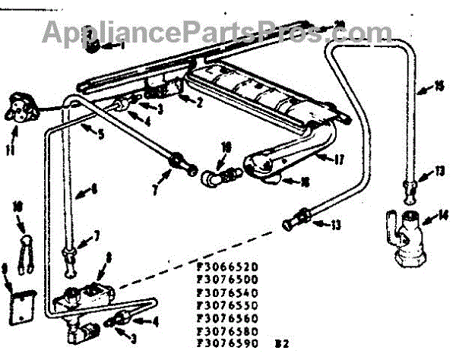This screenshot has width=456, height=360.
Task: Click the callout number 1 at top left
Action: [122, 46]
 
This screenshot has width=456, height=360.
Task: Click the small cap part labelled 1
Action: [94, 46]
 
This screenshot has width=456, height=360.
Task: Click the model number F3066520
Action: [227, 267]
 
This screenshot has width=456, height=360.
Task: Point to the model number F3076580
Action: [227, 331]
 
